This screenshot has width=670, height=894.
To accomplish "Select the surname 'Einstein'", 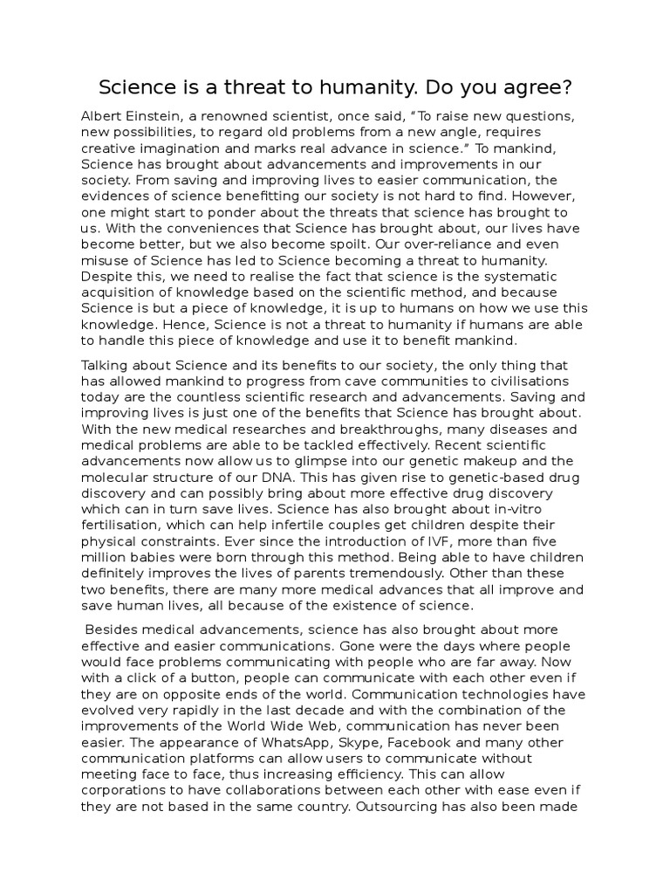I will coord(162,116).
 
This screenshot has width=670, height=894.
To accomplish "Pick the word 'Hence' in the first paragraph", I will coord(100,324).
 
